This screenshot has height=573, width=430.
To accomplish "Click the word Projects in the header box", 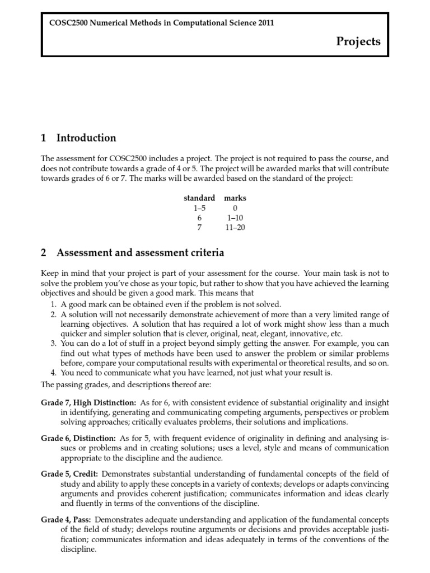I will click(x=358, y=41).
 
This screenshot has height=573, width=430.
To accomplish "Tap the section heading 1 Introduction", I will click(x=79, y=138).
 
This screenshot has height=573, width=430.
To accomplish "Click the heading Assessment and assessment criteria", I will click(x=140, y=252).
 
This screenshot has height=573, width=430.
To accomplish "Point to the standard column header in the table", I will click(x=199, y=198).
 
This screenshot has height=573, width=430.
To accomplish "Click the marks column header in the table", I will click(x=235, y=198).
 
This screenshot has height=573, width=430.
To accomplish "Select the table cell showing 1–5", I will click(x=199, y=208).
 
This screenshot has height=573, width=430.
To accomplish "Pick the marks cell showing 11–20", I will click(x=235, y=227).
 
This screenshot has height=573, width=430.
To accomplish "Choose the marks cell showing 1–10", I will click(x=235, y=218).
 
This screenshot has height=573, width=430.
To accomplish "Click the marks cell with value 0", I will click(x=235, y=208).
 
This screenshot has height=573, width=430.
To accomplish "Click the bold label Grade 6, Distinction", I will click(x=78, y=438).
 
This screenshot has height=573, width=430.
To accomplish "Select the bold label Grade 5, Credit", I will click(x=69, y=473).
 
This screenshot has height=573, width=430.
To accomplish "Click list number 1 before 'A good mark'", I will click(x=53, y=304).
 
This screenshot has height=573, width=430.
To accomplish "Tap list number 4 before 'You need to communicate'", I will click(x=53, y=373).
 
